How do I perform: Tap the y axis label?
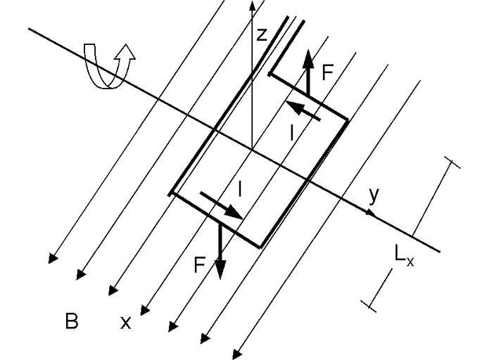(x=373, y=195)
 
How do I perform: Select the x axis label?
(x=125, y=322)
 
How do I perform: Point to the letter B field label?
(x=71, y=322)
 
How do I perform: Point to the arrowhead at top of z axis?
(x=251, y=6)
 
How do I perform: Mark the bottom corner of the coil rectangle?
(x=261, y=247)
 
